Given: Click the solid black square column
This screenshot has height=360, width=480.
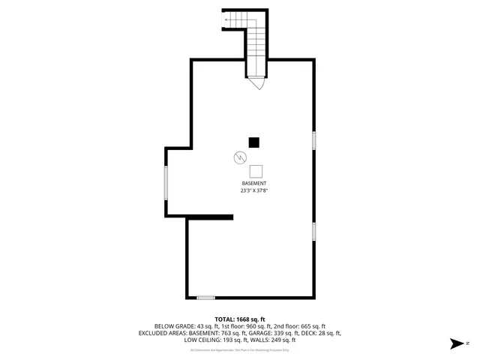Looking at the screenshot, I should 254,141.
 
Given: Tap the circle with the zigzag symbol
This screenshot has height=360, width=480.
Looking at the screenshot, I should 239,158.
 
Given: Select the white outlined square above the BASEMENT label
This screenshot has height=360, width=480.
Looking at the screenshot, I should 256,170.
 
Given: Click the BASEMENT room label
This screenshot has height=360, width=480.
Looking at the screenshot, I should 253,184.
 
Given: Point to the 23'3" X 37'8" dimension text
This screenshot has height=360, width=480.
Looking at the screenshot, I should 253,191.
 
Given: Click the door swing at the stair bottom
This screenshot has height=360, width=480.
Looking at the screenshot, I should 258,84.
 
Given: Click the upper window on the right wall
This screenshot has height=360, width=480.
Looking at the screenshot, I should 313,140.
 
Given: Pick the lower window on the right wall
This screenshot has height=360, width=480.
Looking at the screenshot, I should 313,231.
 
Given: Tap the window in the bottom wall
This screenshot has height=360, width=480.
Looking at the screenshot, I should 205,298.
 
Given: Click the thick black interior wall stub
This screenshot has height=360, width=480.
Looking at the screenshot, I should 209,217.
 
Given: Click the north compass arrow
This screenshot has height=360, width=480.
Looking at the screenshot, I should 454,343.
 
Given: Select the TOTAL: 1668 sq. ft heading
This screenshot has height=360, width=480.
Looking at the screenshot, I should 240,319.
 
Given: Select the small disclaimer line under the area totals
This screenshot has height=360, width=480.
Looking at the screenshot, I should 240,350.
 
